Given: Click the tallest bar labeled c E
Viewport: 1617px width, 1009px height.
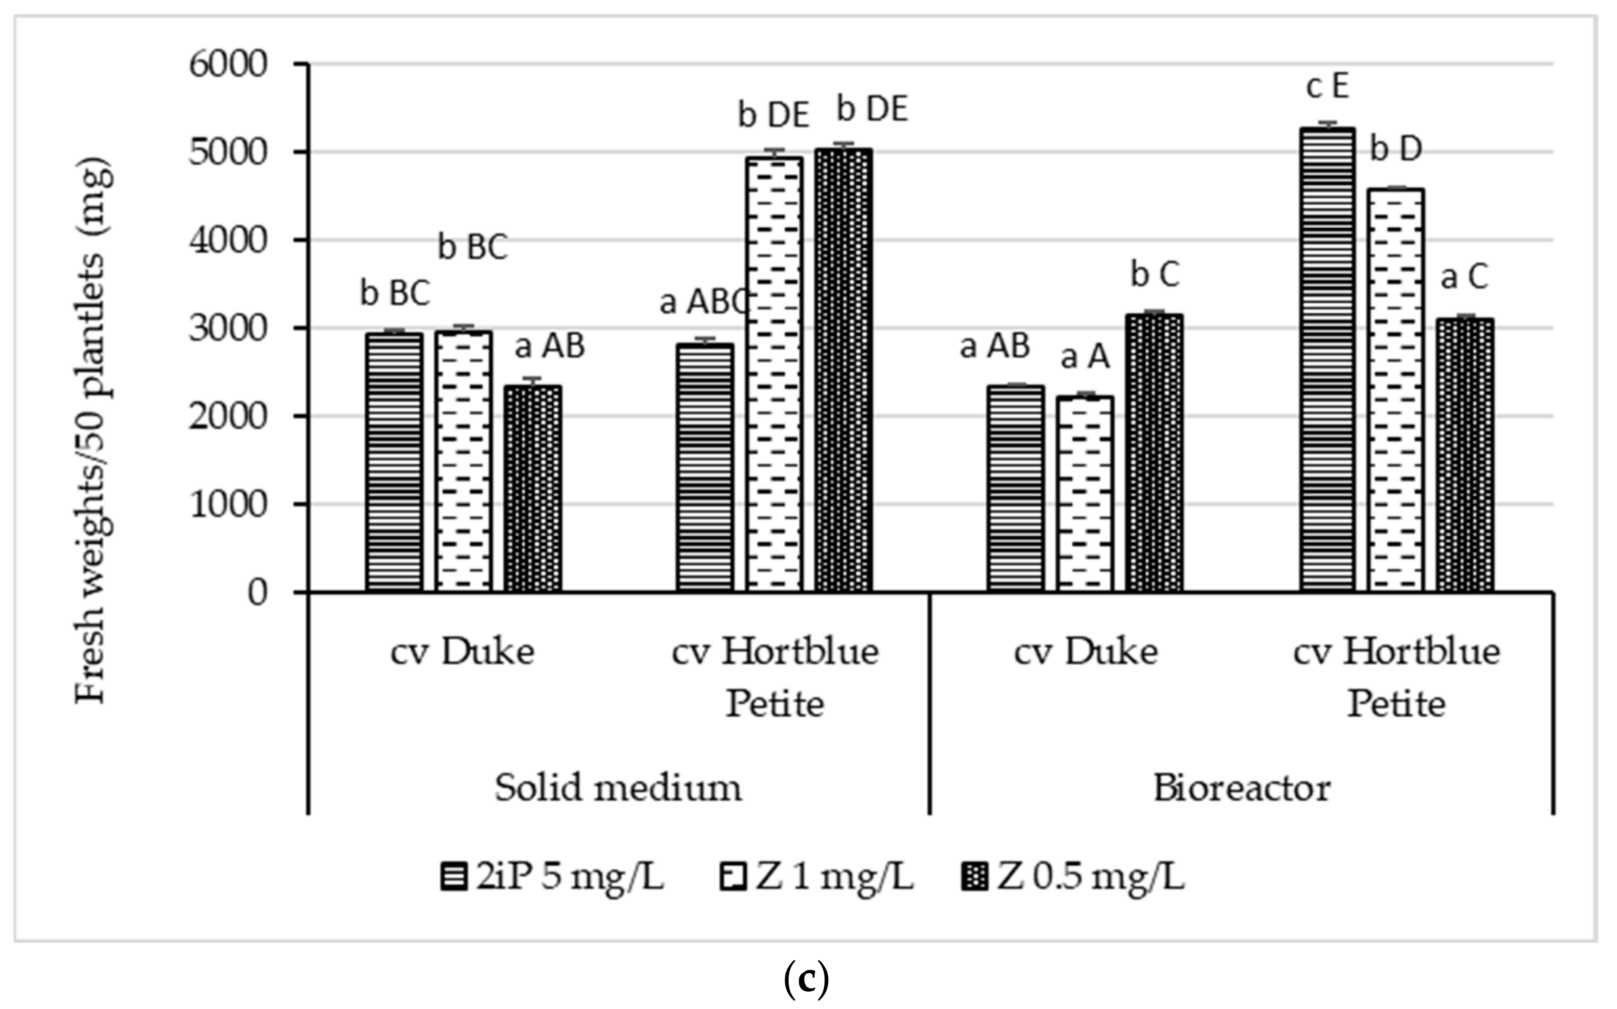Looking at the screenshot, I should (x=1327, y=360).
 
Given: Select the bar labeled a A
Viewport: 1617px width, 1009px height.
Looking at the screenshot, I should (x=1084, y=494).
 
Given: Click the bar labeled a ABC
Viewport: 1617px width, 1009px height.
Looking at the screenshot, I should (x=705, y=467).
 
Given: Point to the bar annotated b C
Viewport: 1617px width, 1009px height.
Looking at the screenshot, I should (x=1155, y=454).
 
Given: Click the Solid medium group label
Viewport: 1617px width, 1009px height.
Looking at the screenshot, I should (x=618, y=788).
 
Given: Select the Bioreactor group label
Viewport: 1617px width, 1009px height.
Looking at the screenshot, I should (x=1241, y=788).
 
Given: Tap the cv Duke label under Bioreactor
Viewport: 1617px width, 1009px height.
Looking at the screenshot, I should (x=1085, y=652).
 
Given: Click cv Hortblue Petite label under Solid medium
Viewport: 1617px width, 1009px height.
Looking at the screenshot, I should (x=775, y=677).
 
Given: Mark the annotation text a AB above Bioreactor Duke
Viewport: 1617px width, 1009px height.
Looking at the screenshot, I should (x=995, y=346).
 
